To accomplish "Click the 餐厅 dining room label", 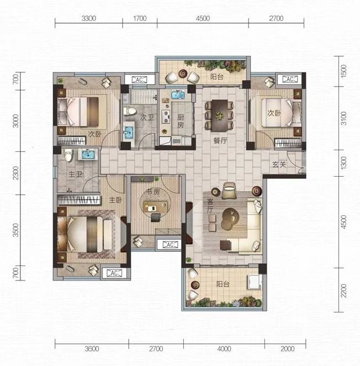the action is (x=220, y=141).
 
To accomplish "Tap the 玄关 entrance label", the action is (x=279, y=165).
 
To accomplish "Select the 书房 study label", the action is (x=153, y=192).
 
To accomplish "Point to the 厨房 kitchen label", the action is (x=181, y=121).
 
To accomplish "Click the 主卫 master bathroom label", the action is (x=75, y=174).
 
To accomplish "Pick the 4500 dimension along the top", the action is (x=203, y=18).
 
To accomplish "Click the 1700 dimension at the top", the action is (x=140, y=18).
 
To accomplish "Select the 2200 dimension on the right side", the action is (x=343, y=290).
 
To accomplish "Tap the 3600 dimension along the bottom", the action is (x=92, y=349).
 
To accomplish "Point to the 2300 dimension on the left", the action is (x=15, y=173).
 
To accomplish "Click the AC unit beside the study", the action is (x=170, y=245).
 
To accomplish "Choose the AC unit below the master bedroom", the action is (x=114, y=273).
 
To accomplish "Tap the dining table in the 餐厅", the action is (x=220, y=115).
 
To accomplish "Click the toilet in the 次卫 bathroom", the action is (x=130, y=112).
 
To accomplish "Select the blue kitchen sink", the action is (x=178, y=95).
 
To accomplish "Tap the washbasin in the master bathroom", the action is (x=88, y=155).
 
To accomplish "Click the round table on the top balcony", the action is (x=183, y=74).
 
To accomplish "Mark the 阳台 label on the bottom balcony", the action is (x=223, y=284).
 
